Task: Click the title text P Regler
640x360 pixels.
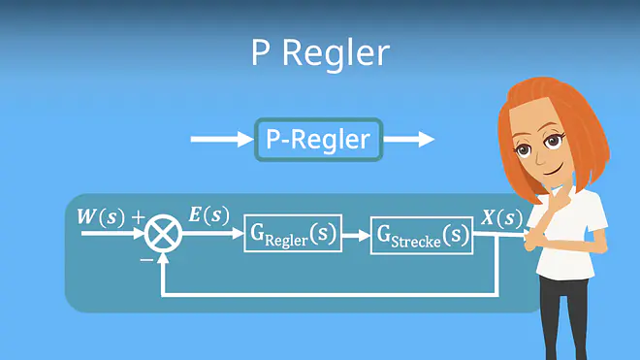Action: click(x=320, y=53)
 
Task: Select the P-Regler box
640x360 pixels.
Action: click(x=318, y=140)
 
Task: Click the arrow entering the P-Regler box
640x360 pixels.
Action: click(x=222, y=140)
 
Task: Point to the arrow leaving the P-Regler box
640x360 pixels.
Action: click(x=409, y=140)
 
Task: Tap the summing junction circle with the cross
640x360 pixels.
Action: click(x=163, y=233)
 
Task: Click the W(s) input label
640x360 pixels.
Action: click(x=101, y=217)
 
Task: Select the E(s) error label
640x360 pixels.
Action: click(x=209, y=215)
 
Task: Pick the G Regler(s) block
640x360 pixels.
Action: click(x=293, y=233)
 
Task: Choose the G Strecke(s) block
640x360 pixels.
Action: click(x=422, y=236)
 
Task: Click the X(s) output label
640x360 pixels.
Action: click(x=501, y=217)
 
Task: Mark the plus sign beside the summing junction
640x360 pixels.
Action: click(x=139, y=217)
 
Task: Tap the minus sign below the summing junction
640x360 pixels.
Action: click(x=146, y=259)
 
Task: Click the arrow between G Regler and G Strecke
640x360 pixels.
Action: click(x=356, y=236)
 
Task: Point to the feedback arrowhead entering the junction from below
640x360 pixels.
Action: click(x=163, y=258)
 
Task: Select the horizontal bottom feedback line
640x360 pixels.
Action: click(x=330, y=294)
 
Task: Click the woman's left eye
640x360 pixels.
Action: click(x=553, y=141)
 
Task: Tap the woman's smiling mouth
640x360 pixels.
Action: click(x=553, y=170)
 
